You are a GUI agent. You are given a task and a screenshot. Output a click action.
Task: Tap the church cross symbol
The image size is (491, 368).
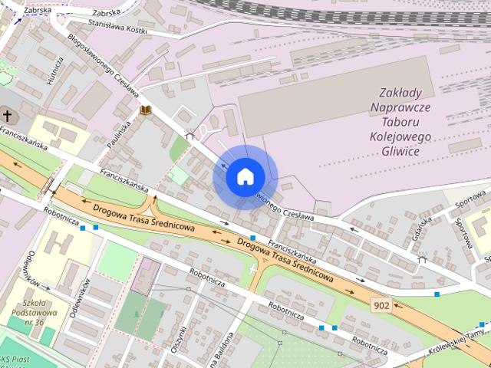8,117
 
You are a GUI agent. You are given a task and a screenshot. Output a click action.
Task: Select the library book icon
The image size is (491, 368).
145,111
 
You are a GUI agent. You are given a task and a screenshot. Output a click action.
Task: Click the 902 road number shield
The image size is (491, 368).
381,305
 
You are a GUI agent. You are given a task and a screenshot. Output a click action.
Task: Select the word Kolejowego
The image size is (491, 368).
400,137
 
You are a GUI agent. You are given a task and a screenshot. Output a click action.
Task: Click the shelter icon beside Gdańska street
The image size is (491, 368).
421,259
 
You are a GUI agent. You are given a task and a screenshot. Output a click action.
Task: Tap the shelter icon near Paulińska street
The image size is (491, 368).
189,136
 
